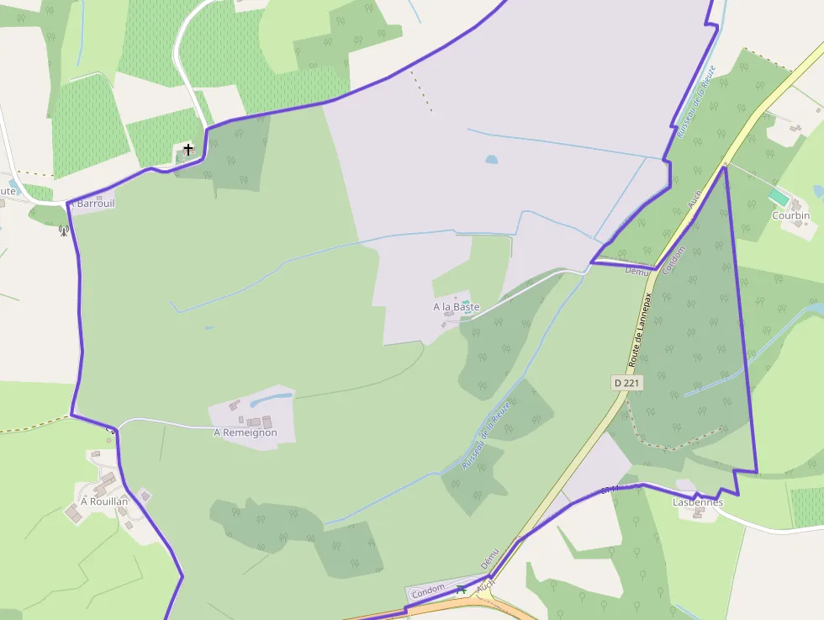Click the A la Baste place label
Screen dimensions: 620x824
pyautogui.click(x=456, y=307)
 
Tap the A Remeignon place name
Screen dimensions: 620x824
pyautogui.click(x=245, y=432)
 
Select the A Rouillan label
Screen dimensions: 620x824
pyautogui.click(x=104, y=501)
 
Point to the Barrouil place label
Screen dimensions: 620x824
pyautogui.click(x=93, y=203)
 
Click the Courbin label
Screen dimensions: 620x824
pyautogui.click(x=790, y=215)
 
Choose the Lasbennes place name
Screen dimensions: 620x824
pyautogui.click(x=698, y=502)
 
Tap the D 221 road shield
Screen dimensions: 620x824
pyautogui.click(x=627, y=383)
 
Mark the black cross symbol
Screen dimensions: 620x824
pyautogui.click(x=188, y=150)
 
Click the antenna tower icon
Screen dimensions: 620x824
pyautogui.click(x=64, y=230)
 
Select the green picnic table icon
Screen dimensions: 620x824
pyautogui.click(x=461, y=590)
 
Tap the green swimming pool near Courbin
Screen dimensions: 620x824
pyautogui.click(x=779, y=197)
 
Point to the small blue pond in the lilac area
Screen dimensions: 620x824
pyautogui.click(x=491, y=158)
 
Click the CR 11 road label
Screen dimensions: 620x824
pyautogui.click(x=610, y=489)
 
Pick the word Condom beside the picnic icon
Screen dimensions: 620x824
pyautogui.click(x=429, y=592)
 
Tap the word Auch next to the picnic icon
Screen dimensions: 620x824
pyautogui.click(x=485, y=586)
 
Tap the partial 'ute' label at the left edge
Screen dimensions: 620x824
pyautogui.click(x=8, y=191)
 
